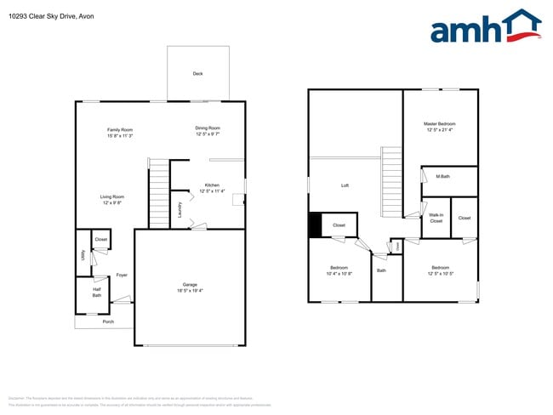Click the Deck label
coord(197,74)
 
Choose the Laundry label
coord(180,209)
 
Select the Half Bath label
coord(97,292)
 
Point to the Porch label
coord(108,322)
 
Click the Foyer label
coord(122,275)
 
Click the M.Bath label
coord(442,176)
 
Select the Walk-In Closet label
coord(436,219)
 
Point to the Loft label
coord(345,185)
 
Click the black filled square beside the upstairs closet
coord(315,225)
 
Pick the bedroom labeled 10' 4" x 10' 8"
coord(339,271)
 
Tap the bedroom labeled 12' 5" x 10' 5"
coord(440,271)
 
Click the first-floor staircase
coord(159,193)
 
